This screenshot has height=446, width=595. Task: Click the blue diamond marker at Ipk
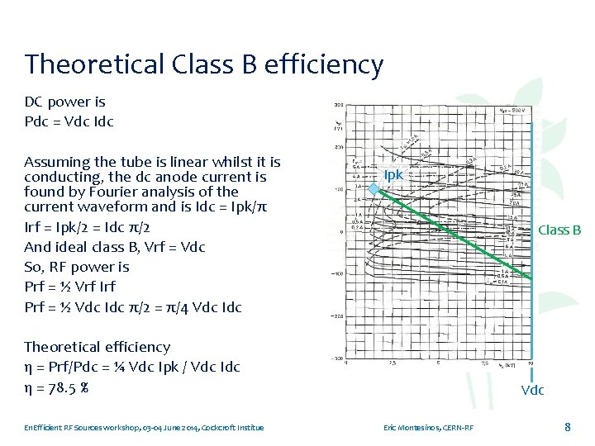click(x=374, y=189)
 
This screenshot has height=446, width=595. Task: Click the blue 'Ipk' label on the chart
click(x=393, y=174)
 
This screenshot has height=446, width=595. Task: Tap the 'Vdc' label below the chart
click(x=532, y=390)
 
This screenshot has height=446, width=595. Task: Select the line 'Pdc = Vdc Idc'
click(x=69, y=122)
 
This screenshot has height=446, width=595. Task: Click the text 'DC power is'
click(x=64, y=102)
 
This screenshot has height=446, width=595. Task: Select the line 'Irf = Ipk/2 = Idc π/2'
click(x=88, y=226)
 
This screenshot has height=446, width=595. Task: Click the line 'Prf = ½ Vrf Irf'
click(x=70, y=287)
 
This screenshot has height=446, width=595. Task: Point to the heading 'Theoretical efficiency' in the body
click(x=97, y=347)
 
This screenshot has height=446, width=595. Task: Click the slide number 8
click(x=567, y=427)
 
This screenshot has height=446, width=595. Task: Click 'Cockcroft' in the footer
click(x=212, y=428)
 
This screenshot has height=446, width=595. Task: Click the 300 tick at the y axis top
click(x=339, y=106)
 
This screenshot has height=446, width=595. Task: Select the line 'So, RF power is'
click(x=77, y=267)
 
